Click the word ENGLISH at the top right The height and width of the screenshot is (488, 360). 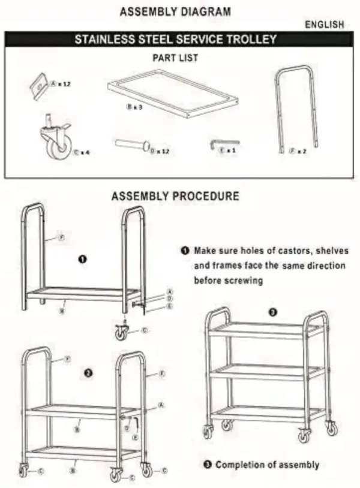[x=325, y=25]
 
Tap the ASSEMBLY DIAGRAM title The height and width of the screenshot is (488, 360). [x=175, y=11]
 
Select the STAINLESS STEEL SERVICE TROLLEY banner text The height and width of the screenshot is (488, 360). [x=175, y=40]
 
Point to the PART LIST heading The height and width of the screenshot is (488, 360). [x=175, y=58]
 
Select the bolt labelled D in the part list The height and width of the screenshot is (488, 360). [x=131, y=145]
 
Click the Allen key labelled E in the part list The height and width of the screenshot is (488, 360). [x=216, y=144]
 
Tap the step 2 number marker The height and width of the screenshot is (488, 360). [x=88, y=373]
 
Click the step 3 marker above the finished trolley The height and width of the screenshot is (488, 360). [x=273, y=312]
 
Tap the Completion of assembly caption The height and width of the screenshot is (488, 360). [x=267, y=465]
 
